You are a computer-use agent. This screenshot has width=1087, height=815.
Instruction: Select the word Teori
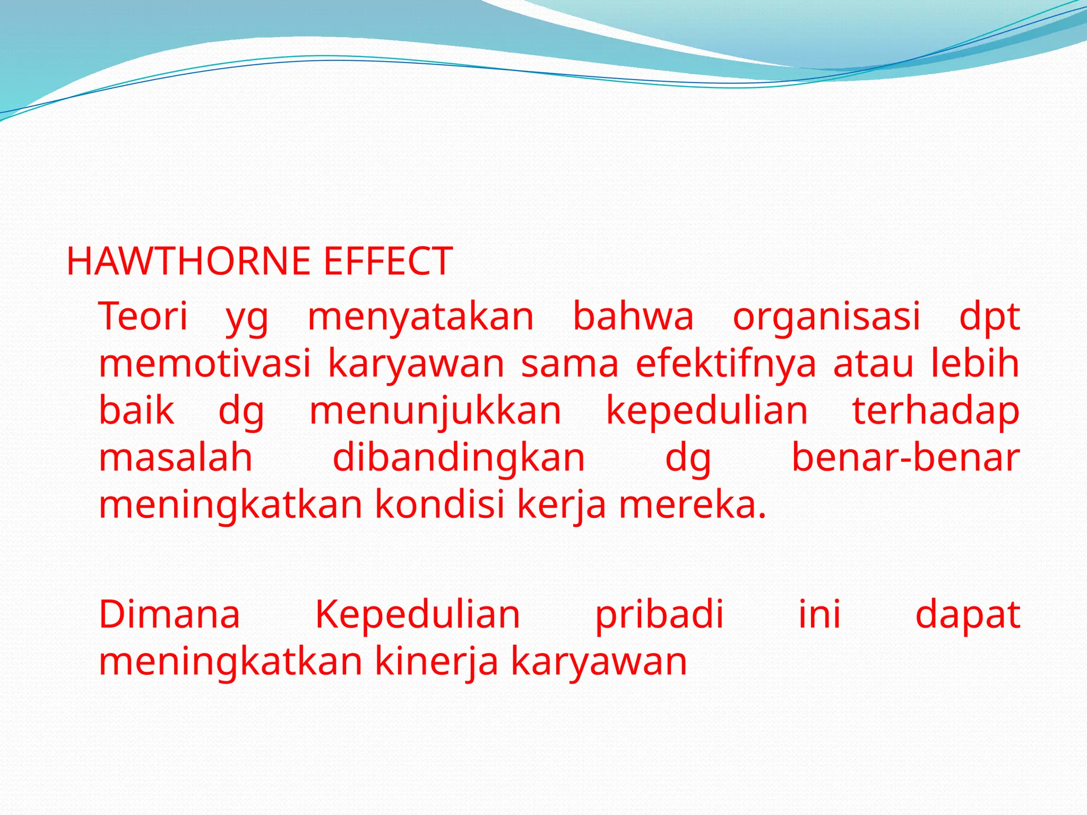click(x=143, y=316)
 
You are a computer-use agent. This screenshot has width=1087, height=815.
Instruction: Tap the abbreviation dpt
click(x=989, y=317)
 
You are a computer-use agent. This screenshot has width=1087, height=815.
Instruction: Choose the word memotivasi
click(x=205, y=364)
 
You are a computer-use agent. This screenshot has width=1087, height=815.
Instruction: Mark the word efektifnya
click(x=726, y=364)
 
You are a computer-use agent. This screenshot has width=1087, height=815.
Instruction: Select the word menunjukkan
click(x=435, y=411)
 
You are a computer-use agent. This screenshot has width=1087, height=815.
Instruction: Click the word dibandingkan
click(x=459, y=458)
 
